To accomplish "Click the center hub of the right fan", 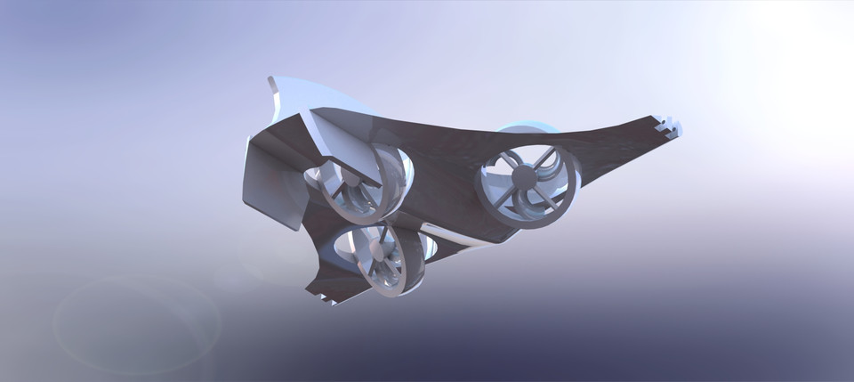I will tap(525, 177).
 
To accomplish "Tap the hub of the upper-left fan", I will tap(353, 180).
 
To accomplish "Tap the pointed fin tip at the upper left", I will tap(271, 81).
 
